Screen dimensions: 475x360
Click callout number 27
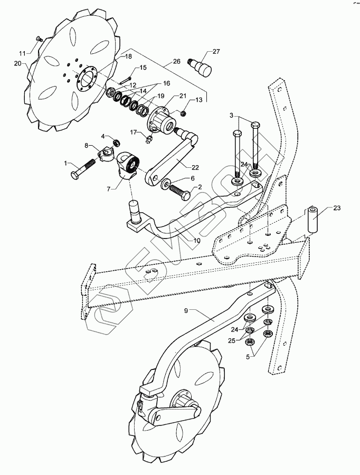pos(216,52)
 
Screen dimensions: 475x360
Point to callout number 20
pos(17,63)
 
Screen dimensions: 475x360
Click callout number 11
pos(22,53)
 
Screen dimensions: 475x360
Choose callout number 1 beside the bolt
pos(66,164)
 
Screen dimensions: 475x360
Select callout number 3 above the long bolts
pos(231,115)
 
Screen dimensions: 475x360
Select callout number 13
pos(199,100)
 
